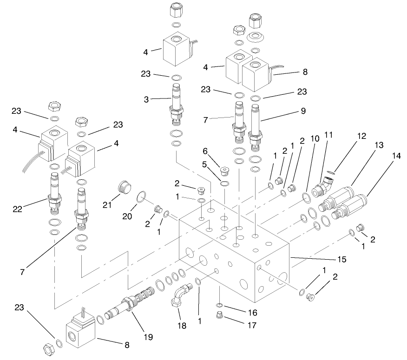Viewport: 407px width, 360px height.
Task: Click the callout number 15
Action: point(341,259)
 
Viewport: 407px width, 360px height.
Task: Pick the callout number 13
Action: point(379,145)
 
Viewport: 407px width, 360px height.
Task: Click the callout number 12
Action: point(362,136)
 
